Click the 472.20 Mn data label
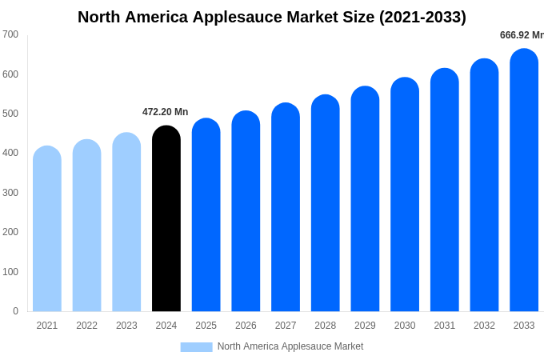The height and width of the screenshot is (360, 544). [x=165, y=112]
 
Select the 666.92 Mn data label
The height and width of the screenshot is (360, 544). [x=522, y=35]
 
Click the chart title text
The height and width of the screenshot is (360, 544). [x=272, y=17]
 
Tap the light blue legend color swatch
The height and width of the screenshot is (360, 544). [x=196, y=347]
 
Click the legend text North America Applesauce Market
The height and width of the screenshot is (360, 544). [x=290, y=346]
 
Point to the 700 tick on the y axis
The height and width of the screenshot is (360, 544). [x=10, y=34]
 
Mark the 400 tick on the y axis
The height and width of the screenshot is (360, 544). [x=10, y=153]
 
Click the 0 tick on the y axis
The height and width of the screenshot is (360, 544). [x=15, y=311]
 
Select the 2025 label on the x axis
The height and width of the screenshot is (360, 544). [x=206, y=326]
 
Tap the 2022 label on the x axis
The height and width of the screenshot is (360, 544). [x=86, y=326]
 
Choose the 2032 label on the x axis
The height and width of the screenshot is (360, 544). [x=484, y=326]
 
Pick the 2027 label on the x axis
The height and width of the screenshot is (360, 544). [x=286, y=326]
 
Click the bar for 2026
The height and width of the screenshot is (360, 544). [x=246, y=211]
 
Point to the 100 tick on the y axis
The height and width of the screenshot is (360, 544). [x=10, y=272]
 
